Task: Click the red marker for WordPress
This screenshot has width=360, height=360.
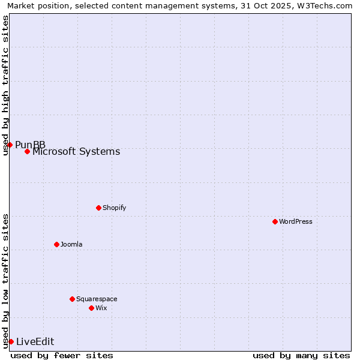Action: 275,221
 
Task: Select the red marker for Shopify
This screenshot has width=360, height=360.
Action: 98,208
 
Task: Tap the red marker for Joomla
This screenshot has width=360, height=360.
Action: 56,244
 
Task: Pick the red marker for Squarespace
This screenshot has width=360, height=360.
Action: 72,299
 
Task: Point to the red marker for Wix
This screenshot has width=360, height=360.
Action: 91,308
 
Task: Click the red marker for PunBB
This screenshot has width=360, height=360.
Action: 10,145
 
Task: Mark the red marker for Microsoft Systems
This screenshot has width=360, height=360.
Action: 27,151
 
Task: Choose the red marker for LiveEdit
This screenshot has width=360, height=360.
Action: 11,341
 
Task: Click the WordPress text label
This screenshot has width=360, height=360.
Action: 296,221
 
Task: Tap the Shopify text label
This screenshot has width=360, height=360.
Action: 114,208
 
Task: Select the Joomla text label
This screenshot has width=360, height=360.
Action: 71,244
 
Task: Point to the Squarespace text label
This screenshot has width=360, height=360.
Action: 97,299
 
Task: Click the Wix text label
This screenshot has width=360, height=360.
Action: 101,308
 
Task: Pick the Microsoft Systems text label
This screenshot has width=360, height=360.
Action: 76,151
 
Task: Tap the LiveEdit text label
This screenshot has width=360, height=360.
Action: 35,341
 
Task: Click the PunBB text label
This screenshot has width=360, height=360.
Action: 30,145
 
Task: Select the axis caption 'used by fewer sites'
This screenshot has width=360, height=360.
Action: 62,355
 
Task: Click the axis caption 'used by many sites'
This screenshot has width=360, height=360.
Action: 301,355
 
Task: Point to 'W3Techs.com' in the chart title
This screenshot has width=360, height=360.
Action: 327,6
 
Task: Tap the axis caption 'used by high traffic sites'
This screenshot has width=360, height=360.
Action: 6,85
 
